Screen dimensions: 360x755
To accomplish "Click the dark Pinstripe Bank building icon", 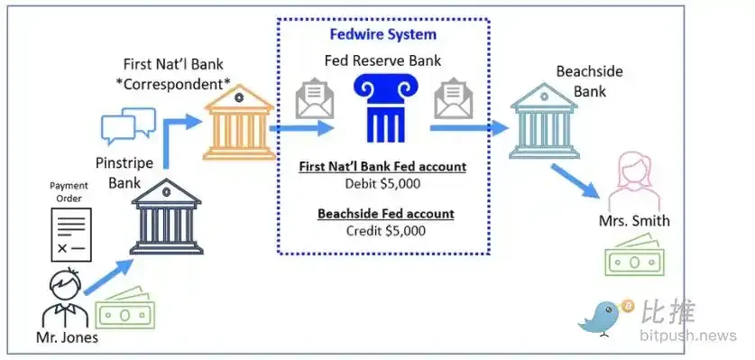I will pyautogui.click(x=165, y=217).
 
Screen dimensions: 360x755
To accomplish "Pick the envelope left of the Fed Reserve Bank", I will pyautogui.click(x=314, y=99).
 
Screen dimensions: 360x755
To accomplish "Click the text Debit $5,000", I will pyautogui.click(x=383, y=183).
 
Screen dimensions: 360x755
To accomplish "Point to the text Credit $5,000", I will pyautogui.click(x=383, y=230).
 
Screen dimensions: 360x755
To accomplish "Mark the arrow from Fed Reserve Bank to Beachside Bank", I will pyautogui.click(x=468, y=129).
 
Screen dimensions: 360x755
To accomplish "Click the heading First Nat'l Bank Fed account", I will pyautogui.click(x=383, y=166).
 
